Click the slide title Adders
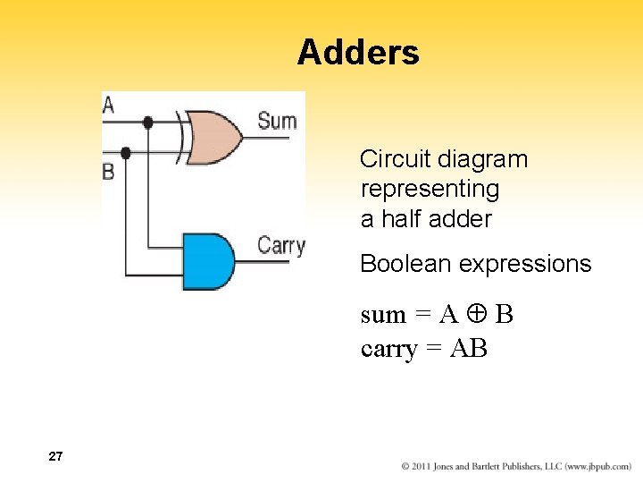[358, 53]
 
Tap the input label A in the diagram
[108, 105]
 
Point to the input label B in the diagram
[108, 171]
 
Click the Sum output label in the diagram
[276, 120]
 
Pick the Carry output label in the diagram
[280, 244]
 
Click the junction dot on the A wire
[147, 122]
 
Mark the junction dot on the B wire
[126, 153]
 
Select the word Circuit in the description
[396, 159]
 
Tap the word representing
[430, 190]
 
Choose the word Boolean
[400, 264]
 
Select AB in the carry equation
[469, 348]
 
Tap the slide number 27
[55, 457]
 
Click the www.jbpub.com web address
[597, 466]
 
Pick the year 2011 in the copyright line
[427, 466]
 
